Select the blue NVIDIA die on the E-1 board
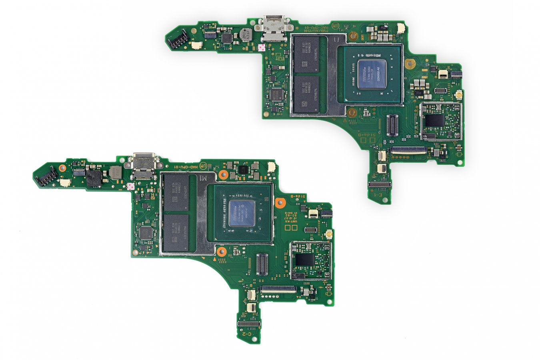tap(372, 74)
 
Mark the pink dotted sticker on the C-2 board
tap(130, 186)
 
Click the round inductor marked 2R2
tap(244, 35)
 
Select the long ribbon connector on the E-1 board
tap(408, 150)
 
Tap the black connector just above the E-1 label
tap(379, 185)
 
